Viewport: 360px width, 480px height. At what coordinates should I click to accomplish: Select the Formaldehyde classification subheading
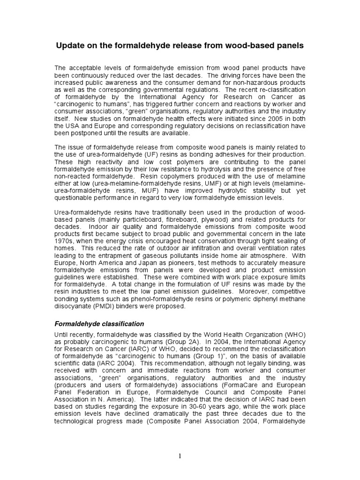[x=99, y=323]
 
